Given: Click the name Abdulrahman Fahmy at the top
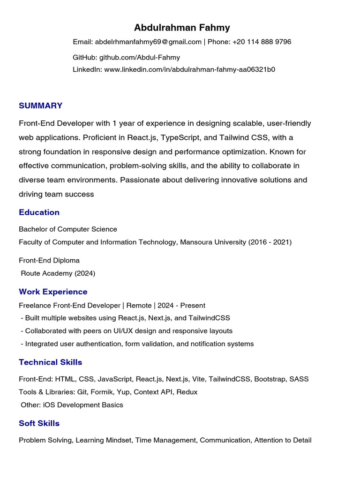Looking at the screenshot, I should [x=182, y=28].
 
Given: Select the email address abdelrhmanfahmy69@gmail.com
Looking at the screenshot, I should [x=148, y=42].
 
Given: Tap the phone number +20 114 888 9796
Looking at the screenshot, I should [x=262, y=42].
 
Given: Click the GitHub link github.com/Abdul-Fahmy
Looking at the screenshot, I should [x=139, y=57].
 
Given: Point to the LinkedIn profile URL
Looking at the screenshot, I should [x=189, y=69].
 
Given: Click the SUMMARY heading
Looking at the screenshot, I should [x=40, y=105].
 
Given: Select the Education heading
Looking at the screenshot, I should [x=39, y=212].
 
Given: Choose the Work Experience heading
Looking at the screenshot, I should [x=53, y=292].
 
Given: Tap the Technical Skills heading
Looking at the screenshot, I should [x=50, y=362].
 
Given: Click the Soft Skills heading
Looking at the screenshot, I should [x=39, y=423].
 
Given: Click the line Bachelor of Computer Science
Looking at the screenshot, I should [x=68, y=229].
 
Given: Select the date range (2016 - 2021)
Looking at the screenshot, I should [x=270, y=242].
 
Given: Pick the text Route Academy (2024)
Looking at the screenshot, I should [x=58, y=273].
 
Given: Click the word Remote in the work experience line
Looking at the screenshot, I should [x=139, y=305].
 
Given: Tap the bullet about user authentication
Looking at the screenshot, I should [x=137, y=344].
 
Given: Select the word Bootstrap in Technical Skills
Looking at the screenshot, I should [x=270, y=379].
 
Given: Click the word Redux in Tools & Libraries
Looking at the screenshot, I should [x=187, y=392].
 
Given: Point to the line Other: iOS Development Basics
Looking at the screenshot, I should [x=72, y=405].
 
